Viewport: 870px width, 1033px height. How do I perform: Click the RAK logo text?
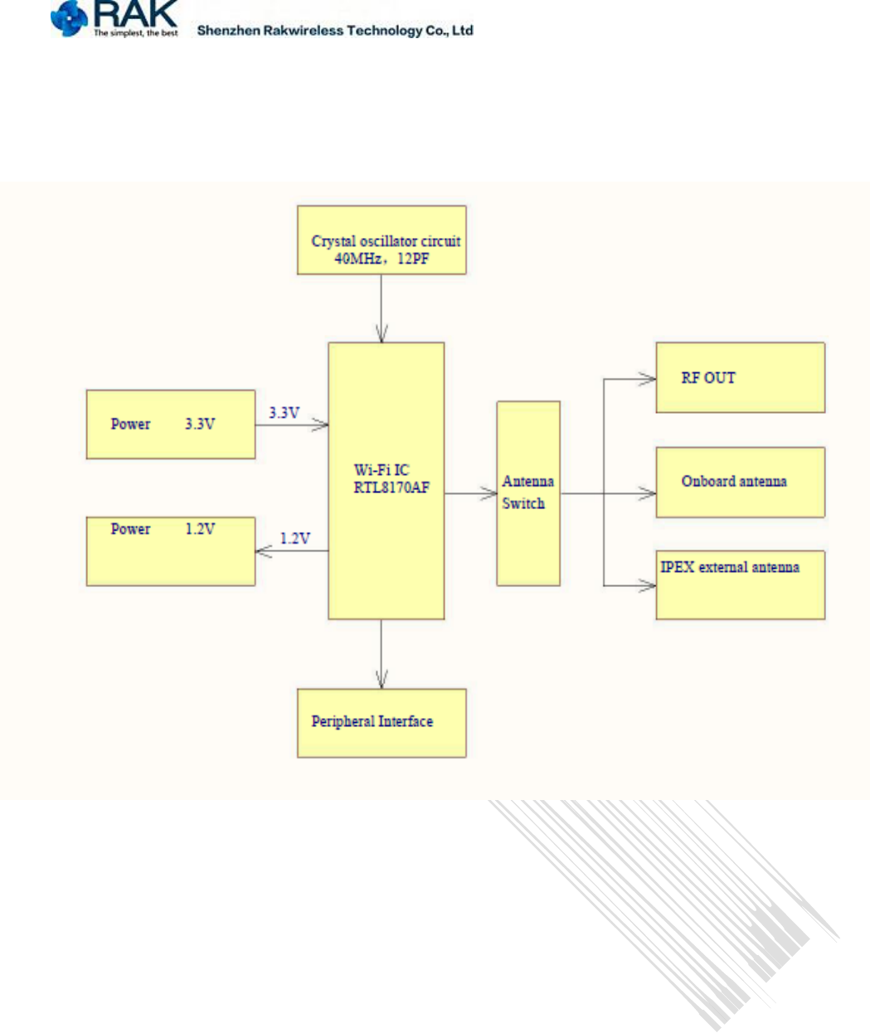click(136, 13)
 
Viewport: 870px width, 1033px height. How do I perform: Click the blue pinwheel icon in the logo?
click(69, 18)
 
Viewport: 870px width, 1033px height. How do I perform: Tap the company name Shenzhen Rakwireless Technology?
click(335, 31)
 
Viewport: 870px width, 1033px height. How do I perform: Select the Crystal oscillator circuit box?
click(382, 240)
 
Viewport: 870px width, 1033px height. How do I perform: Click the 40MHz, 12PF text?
click(382, 259)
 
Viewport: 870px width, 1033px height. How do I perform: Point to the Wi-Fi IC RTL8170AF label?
click(391, 479)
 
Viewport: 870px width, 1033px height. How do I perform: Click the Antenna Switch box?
click(528, 493)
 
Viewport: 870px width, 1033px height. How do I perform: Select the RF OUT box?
click(740, 378)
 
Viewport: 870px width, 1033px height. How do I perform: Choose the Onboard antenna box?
click(740, 483)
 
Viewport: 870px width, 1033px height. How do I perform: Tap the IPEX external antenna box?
click(740, 584)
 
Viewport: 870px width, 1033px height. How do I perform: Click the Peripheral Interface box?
click(382, 723)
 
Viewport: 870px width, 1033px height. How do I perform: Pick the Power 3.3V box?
click(170, 424)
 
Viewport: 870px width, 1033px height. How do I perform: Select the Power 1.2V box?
click(170, 550)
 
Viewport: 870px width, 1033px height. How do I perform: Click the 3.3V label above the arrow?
click(284, 413)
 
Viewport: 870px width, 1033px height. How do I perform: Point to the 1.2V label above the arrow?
click(294, 539)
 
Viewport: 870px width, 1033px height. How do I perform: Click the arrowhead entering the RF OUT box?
click(649, 379)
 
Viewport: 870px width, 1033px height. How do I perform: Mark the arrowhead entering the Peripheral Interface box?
click(382, 681)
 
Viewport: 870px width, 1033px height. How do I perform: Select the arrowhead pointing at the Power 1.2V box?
click(263, 550)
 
